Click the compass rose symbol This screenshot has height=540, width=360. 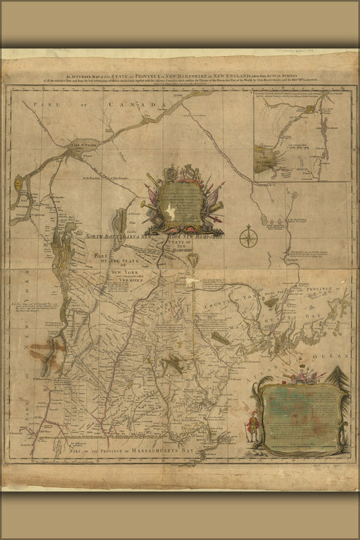coord(248,237)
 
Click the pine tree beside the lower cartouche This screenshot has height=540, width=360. coord(342,382)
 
